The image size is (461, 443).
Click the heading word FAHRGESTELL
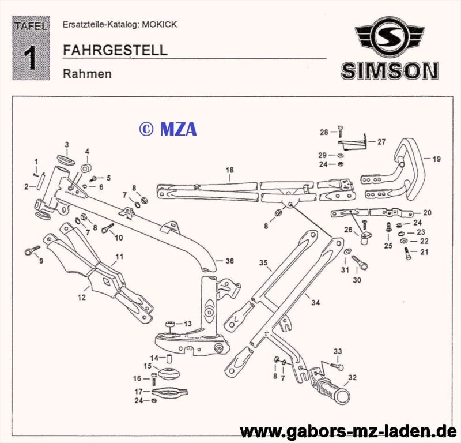115,50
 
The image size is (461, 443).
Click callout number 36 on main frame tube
229,261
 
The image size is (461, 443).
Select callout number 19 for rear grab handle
436,159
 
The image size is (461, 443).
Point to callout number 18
229,170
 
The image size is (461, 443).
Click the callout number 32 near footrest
352,378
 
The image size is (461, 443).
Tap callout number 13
187,324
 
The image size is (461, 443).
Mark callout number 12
82,298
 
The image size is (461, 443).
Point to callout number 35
263,263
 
